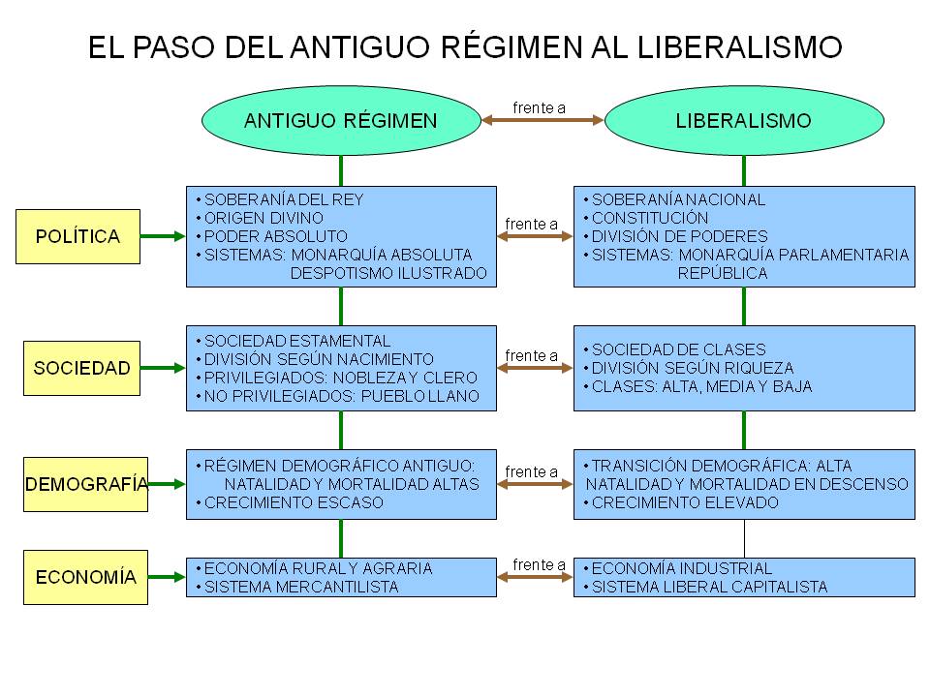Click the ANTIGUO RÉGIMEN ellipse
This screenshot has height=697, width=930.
click(341, 121)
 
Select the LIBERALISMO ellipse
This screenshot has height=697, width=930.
click(744, 121)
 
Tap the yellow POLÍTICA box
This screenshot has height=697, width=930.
click(77, 236)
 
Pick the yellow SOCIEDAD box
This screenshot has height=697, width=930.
click(81, 368)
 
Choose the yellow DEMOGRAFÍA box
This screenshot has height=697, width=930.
click(85, 484)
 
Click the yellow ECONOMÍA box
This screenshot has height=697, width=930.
click(85, 577)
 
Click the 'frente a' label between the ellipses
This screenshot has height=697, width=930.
click(540, 107)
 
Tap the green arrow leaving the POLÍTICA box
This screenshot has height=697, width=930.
click(163, 236)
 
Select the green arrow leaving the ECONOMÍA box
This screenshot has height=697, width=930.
click(167, 577)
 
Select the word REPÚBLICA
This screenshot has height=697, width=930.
click(722, 273)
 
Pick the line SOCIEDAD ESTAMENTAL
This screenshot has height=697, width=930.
click(296, 341)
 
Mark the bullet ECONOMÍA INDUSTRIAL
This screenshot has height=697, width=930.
click(681, 568)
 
